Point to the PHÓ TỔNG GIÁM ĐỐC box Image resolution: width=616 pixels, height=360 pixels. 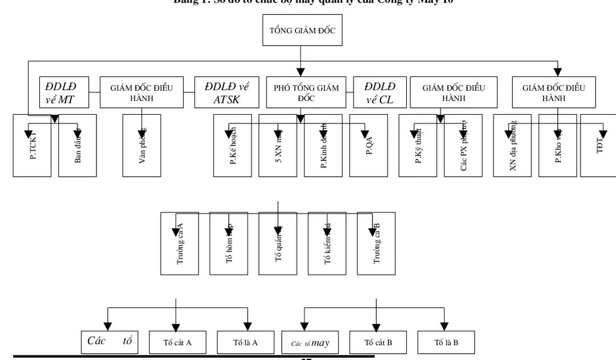[x=306, y=92]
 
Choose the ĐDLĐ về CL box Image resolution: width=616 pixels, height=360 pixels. [x=380, y=92]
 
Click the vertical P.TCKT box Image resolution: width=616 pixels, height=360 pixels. [x=33, y=145]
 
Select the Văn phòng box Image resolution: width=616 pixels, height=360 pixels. [x=141, y=145]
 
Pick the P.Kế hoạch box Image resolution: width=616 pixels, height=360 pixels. [x=233, y=145]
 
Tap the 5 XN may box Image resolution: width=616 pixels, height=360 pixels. [x=278, y=145]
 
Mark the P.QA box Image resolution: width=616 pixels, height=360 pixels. [x=368, y=145]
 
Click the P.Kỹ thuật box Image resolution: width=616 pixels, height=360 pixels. [x=418, y=145]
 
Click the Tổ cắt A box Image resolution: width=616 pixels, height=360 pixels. [x=177, y=342]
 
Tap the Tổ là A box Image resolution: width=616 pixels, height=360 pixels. [x=245, y=342]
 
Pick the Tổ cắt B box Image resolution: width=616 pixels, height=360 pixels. [x=378, y=342]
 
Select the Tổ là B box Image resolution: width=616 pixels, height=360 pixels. [x=446, y=342]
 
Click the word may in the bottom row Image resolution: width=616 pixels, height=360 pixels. [x=321, y=343]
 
